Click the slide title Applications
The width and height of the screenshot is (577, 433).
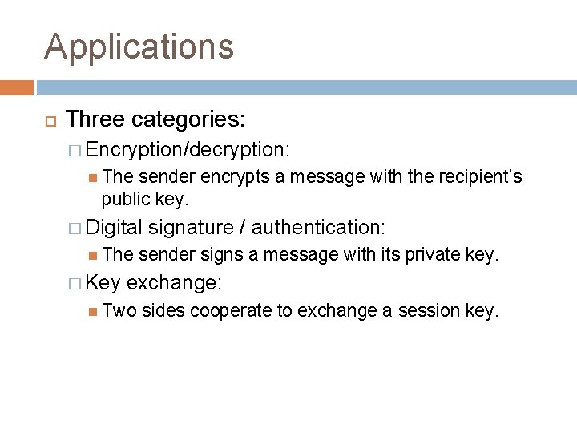point(139,47)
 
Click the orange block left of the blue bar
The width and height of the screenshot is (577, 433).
point(17,87)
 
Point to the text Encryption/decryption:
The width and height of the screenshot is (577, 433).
point(188,149)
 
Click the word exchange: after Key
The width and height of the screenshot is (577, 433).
point(175,283)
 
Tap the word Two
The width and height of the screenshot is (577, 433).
point(119,310)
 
